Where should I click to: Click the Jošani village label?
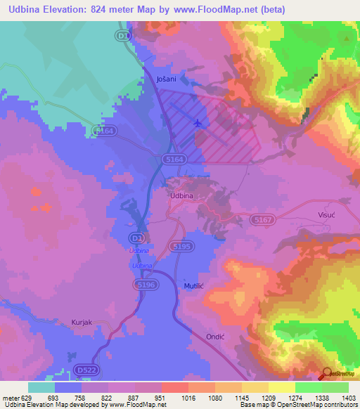(x=166, y=81)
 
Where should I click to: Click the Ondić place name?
(x=214, y=337)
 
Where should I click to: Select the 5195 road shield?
(x=181, y=247)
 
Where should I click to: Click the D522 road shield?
(x=86, y=370)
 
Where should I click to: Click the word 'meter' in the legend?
(x=11, y=396)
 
